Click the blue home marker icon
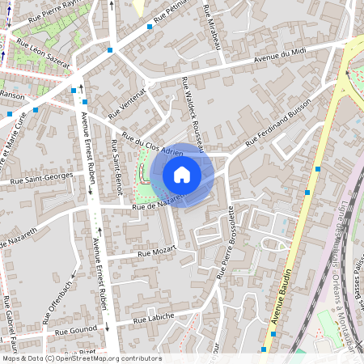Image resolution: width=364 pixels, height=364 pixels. [182, 174]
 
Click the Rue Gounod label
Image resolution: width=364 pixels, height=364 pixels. [76, 331]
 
